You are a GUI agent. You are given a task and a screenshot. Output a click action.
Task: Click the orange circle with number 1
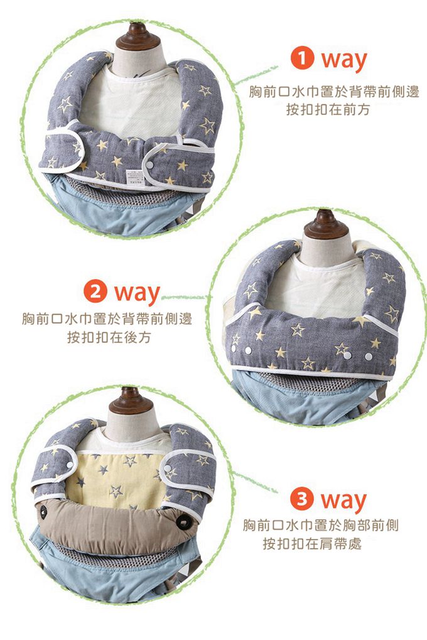pyautogui.click(x=302, y=58)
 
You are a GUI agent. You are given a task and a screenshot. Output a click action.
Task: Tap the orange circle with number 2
pyautogui.click(x=95, y=291)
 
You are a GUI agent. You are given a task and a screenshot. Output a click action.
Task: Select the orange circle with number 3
pyautogui.click(x=301, y=499)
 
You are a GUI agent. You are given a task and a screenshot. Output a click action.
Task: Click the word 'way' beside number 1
pyautogui.click(x=344, y=61)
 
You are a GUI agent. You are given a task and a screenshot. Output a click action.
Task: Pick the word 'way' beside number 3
pyautogui.click(x=343, y=502)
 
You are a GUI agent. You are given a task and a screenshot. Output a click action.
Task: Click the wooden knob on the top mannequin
pyautogui.click(x=138, y=36)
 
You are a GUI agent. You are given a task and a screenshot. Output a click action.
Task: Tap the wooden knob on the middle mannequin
pyautogui.click(x=325, y=225)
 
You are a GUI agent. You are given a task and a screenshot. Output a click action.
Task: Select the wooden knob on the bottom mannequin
pyautogui.click(x=131, y=401)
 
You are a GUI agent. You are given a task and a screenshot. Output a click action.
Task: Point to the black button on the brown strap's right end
pyautogui.click(x=184, y=521)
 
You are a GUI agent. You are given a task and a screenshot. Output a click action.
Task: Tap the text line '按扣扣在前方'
pyautogui.click(x=328, y=110)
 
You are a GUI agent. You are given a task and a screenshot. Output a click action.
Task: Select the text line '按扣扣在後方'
pyautogui.click(x=109, y=337)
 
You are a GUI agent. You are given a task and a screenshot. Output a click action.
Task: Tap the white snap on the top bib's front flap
pyautogui.click(x=149, y=165)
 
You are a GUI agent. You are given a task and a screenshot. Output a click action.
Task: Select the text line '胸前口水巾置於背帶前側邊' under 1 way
pyautogui.click(x=334, y=92)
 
